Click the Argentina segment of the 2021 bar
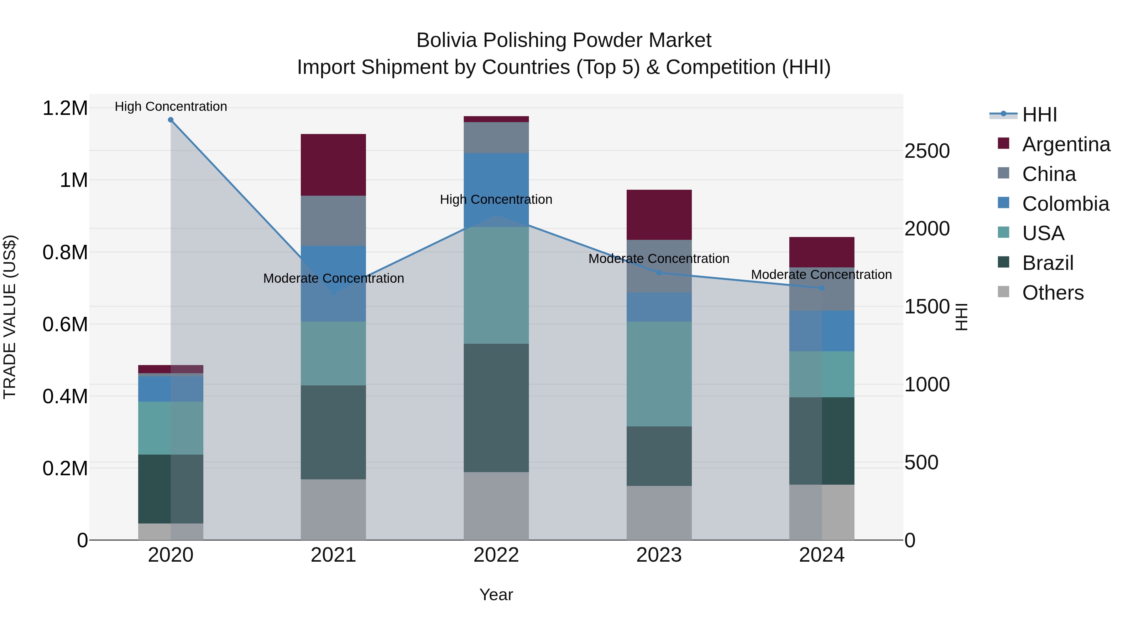coord(333,165)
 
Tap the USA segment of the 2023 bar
coord(659,374)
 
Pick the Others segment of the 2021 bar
coord(333,510)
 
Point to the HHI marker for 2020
coord(171,120)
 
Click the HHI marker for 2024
coord(822,288)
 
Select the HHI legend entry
coord(1039,115)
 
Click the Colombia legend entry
coord(1065,204)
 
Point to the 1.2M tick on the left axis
coord(65,108)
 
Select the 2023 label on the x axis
coord(659,555)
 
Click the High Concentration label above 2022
coord(496,199)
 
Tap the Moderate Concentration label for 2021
coord(333,278)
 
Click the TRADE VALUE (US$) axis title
coord(10,317)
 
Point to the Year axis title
coord(496,595)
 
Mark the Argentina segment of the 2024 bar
coord(822,252)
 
